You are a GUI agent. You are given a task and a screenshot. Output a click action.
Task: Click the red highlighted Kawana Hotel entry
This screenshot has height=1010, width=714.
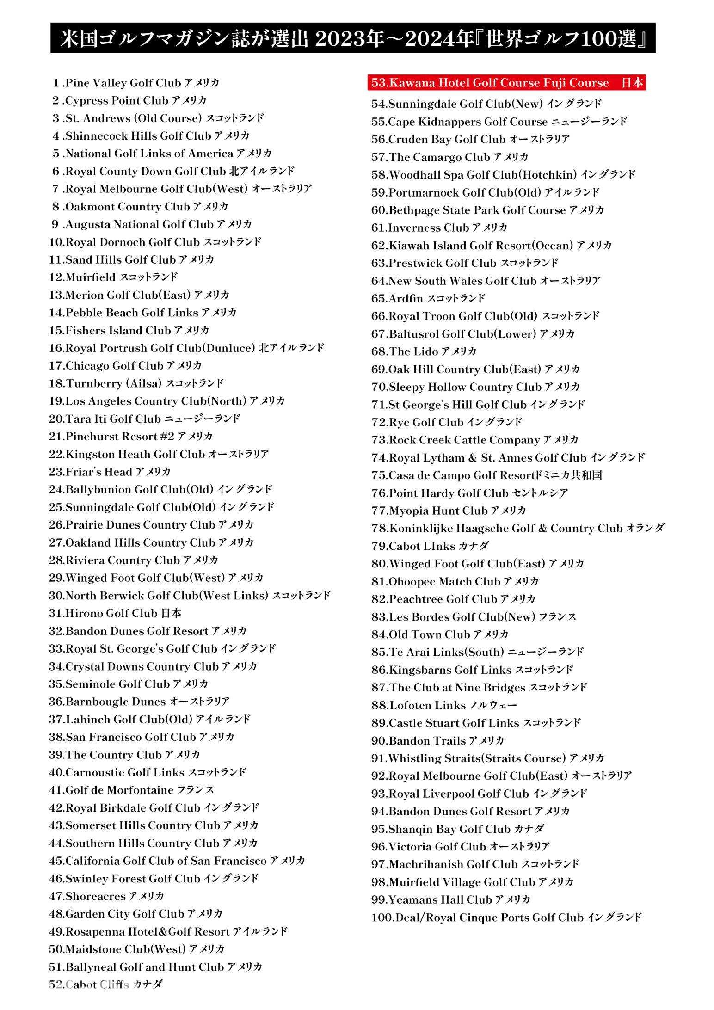click(506, 83)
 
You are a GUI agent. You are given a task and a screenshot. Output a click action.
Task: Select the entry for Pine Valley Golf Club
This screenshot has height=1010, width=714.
click(135, 83)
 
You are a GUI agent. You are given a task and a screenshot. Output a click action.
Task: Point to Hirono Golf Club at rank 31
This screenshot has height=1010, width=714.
click(115, 613)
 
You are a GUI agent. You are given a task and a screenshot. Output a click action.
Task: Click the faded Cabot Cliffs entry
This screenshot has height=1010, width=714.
click(105, 985)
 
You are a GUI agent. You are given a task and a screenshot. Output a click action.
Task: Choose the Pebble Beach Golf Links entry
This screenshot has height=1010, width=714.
click(142, 313)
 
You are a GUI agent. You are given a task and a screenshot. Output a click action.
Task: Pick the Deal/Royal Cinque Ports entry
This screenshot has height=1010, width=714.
click(506, 918)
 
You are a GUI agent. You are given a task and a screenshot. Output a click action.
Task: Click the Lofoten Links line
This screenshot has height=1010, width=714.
click(444, 705)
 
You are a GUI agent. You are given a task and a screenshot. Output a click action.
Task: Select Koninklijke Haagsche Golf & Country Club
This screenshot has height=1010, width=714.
click(517, 528)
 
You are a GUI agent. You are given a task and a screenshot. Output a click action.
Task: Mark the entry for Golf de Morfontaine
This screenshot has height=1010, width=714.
click(131, 790)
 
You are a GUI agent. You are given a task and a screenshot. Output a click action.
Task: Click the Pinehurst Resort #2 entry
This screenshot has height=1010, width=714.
click(131, 436)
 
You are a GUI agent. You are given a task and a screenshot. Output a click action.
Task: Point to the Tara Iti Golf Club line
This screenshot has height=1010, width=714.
click(144, 419)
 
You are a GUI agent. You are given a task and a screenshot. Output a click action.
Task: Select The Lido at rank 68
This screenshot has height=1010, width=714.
click(424, 351)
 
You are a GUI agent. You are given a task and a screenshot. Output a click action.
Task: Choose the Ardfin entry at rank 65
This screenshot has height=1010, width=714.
click(428, 298)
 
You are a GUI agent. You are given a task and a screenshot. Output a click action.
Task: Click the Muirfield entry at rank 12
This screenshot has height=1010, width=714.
click(113, 277)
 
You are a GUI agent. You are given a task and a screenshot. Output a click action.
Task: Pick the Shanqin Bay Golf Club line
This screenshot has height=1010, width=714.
click(457, 829)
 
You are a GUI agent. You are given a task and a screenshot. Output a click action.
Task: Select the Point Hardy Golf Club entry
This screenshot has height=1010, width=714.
click(469, 493)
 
